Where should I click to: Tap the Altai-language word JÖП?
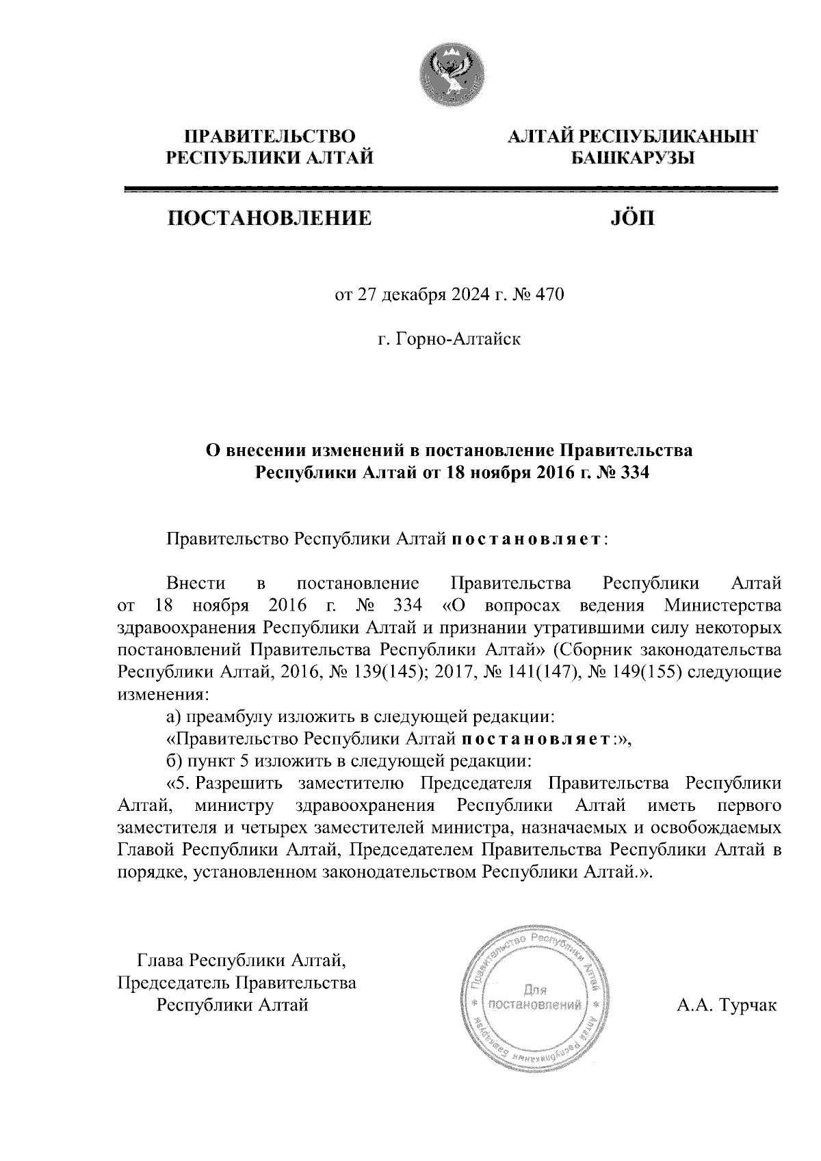click(x=631, y=218)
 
